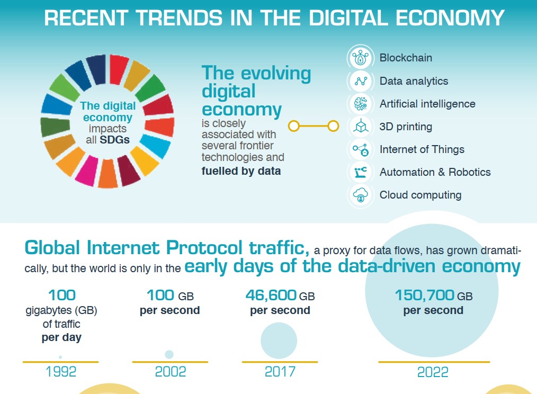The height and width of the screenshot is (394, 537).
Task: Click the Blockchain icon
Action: pyautogui.click(x=361, y=58)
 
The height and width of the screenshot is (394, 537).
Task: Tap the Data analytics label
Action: pyautogui.click(x=414, y=81)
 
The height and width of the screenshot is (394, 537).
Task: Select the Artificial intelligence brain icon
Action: pyautogui.click(x=361, y=104)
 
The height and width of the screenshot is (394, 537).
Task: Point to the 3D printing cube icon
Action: pyautogui.click(x=361, y=127)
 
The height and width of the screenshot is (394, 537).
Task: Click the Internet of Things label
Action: pyautogui.click(x=422, y=149)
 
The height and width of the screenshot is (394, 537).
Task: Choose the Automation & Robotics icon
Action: pyautogui.click(x=361, y=172)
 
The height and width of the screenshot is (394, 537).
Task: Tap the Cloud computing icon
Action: pyautogui.click(x=361, y=195)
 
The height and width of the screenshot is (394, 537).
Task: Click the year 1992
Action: pyautogui.click(x=61, y=371)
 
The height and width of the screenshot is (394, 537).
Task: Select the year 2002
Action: pyautogui.click(x=171, y=371)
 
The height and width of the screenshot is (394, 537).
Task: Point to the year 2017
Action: pyautogui.click(x=280, y=371)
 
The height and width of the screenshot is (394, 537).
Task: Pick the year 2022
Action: pyautogui.click(x=433, y=372)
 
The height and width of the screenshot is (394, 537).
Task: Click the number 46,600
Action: pyautogui.click(x=271, y=295)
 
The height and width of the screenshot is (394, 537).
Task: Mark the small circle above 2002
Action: pyautogui.click(x=169, y=354)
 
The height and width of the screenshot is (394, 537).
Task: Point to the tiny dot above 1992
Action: pyautogui.click(x=60, y=357)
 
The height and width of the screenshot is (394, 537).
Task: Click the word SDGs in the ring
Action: pyautogui.click(x=115, y=140)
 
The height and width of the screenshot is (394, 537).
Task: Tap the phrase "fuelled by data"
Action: pyautogui.click(x=241, y=171)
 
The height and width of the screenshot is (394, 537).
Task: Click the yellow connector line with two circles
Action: pyautogui.click(x=314, y=126)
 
